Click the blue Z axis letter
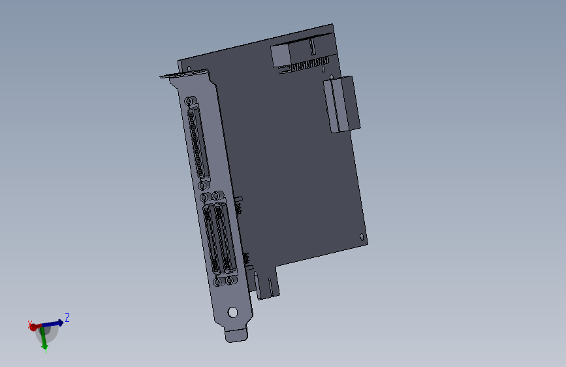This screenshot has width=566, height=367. coord(67,317)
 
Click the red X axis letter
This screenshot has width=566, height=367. coord(29,323)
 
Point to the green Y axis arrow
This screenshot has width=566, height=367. coord(44,341)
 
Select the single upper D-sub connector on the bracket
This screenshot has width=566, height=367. coord(198,144)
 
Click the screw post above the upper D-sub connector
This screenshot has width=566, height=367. coord(190,102)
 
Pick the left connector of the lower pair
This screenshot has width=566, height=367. coord(212,240)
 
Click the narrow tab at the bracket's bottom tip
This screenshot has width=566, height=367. coord(237,334)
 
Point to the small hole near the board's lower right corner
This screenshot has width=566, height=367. coord(362,236)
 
